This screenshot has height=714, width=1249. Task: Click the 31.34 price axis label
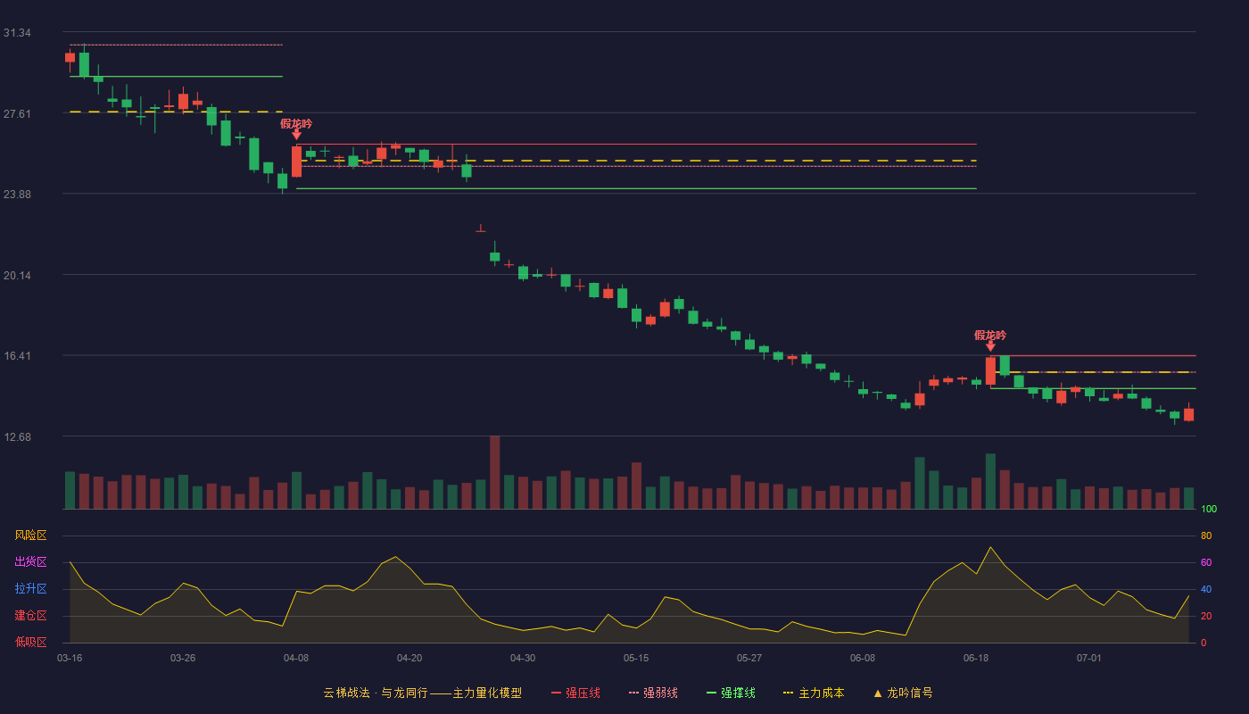click(x=17, y=33)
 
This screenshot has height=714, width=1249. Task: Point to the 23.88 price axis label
click(x=17, y=195)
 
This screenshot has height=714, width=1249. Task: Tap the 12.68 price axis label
click(x=17, y=436)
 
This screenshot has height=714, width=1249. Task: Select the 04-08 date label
click(x=296, y=659)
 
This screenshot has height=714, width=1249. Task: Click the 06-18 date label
click(x=976, y=659)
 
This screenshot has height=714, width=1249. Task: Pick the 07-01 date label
click(x=1089, y=659)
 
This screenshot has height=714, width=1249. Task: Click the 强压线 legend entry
click(x=575, y=693)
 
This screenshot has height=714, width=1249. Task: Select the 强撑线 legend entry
click(x=731, y=693)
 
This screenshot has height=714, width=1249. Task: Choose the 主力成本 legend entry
click(x=814, y=693)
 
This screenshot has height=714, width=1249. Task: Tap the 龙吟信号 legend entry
click(x=903, y=693)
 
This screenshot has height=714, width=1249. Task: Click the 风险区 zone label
click(x=30, y=535)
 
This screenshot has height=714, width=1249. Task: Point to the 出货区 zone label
click(x=30, y=561)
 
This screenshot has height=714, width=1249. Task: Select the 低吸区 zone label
click(x=30, y=642)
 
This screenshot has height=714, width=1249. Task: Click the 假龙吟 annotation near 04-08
click(x=296, y=124)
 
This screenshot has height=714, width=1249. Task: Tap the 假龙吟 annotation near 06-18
click(x=990, y=336)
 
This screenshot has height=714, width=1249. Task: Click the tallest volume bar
click(x=494, y=472)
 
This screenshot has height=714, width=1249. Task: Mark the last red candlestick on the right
click(x=1188, y=414)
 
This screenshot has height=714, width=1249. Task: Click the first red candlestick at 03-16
click(x=70, y=57)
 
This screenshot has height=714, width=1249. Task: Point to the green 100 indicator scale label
click(x=1209, y=509)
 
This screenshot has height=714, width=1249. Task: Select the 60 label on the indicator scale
click(x=1206, y=562)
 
